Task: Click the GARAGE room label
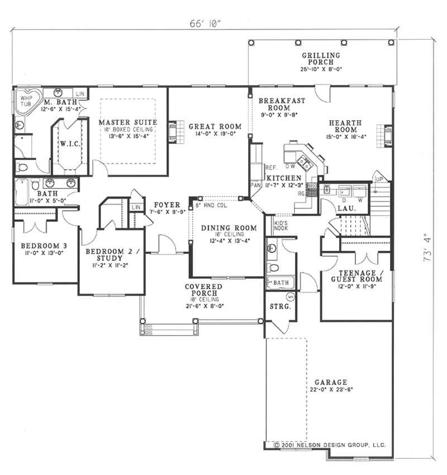click(330, 382)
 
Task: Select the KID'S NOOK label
click(280, 225)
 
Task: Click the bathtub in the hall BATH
click(22, 191)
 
